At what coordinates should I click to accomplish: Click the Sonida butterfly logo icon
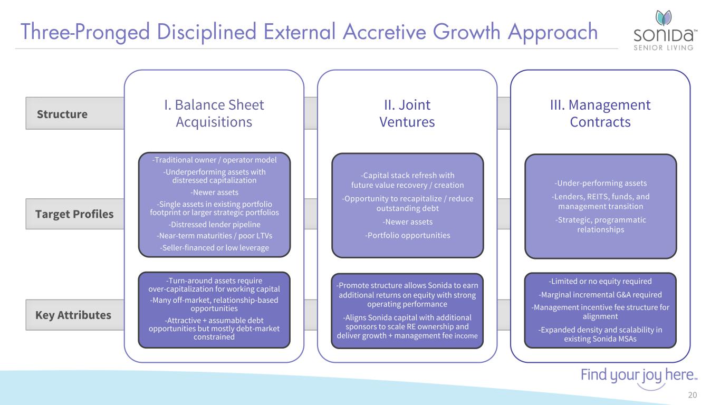coord(664,17)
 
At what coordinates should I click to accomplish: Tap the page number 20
coord(693,394)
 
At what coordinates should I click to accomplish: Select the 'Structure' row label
coord(62,114)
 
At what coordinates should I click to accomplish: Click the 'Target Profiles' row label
coord(74,214)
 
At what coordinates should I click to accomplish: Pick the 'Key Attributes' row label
coord(73,315)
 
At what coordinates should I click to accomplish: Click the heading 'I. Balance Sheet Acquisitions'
coord(214,113)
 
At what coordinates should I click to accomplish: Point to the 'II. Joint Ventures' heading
coord(407,113)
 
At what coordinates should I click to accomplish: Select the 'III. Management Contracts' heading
coord(600,113)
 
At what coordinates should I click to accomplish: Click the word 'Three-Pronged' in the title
coord(85,32)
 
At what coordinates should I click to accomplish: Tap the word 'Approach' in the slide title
coord(553,33)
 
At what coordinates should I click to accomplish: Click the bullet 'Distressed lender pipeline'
coord(214,224)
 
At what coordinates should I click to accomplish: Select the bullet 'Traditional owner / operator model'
coord(214,160)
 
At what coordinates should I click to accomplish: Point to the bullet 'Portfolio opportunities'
coord(408,235)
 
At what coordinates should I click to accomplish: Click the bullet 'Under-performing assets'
coord(600,183)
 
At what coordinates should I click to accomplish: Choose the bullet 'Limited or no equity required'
coord(600,281)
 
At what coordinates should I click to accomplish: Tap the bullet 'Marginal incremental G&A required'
coord(600,295)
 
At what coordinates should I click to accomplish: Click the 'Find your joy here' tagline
coord(639,375)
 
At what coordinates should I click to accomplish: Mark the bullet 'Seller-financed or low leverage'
coord(214,248)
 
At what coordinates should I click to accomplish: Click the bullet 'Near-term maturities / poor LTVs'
coord(214,236)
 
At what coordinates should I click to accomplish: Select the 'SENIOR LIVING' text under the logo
coord(664,48)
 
